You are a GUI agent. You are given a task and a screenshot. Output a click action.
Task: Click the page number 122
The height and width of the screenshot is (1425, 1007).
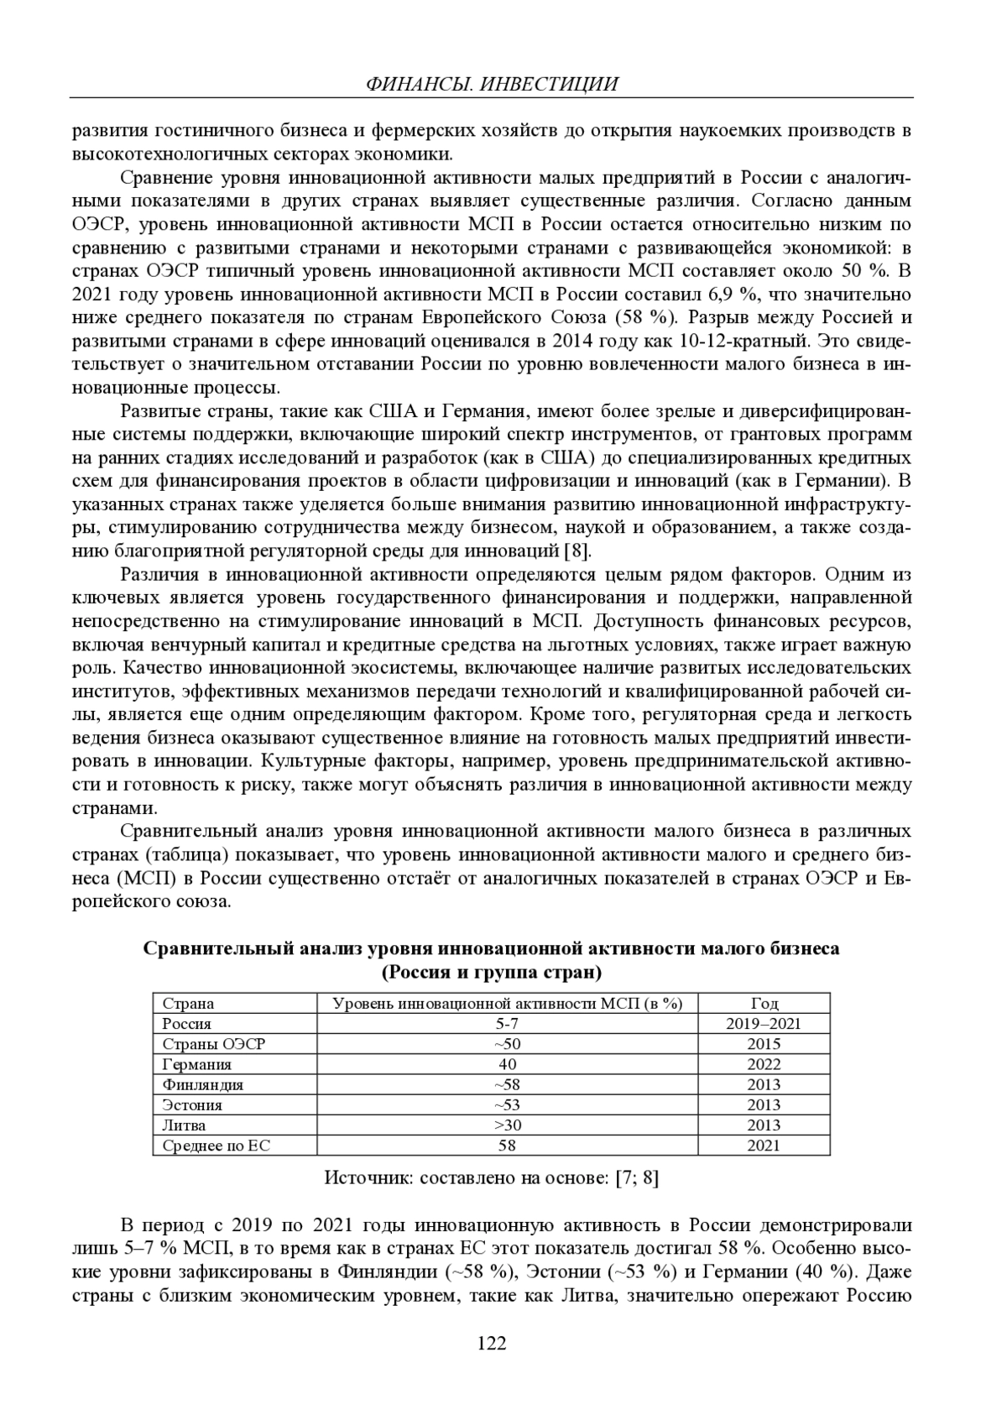492,1344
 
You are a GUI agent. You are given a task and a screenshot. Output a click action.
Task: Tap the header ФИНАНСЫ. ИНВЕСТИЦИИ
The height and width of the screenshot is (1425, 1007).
493,84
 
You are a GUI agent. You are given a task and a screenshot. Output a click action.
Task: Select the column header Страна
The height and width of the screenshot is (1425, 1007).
188,1004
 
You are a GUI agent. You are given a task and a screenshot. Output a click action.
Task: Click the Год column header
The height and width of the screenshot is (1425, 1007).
764,1004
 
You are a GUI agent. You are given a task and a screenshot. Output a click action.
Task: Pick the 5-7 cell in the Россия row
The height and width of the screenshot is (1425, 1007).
507,1024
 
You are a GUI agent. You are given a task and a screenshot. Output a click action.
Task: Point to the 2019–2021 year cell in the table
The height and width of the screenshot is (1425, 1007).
764,1024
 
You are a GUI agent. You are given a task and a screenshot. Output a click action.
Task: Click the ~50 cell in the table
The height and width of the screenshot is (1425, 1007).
507,1044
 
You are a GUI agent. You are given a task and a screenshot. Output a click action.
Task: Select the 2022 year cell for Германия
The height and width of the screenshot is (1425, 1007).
764,1064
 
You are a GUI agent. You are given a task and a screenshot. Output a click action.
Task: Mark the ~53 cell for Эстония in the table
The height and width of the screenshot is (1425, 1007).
507,1104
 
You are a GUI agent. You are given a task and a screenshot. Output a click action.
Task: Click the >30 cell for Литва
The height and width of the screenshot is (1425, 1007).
507,1125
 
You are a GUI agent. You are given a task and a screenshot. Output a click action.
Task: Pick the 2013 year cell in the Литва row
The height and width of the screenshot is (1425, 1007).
764,1125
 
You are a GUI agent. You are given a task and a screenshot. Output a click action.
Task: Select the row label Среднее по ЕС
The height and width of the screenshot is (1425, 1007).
216,1146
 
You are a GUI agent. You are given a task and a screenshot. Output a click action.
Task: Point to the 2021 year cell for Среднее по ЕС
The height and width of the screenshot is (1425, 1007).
764,1146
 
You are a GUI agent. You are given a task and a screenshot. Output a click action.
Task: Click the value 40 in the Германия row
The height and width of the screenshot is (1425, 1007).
507,1064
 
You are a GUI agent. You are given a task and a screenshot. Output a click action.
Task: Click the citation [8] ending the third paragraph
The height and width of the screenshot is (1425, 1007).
577,551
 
